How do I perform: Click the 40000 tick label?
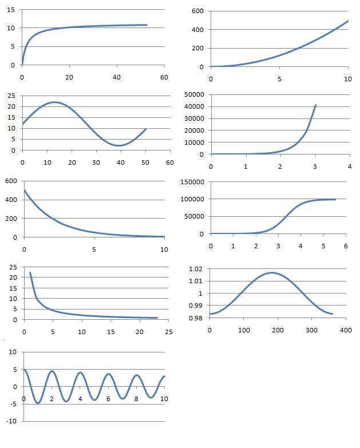click(x=193, y=106)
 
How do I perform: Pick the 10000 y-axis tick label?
click(x=193, y=142)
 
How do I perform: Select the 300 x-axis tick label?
click(x=311, y=330)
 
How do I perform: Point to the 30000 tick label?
click(x=193, y=118)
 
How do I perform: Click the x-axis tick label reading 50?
click(x=145, y=162)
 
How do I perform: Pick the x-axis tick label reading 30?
click(x=96, y=162)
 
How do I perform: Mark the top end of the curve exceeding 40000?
click(x=315, y=105)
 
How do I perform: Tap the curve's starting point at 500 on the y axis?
click(x=24, y=190)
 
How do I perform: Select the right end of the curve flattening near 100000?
click(x=335, y=199)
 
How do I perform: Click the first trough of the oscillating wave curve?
click(x=38, y=403)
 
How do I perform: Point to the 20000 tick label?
click(x=193, y=130)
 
